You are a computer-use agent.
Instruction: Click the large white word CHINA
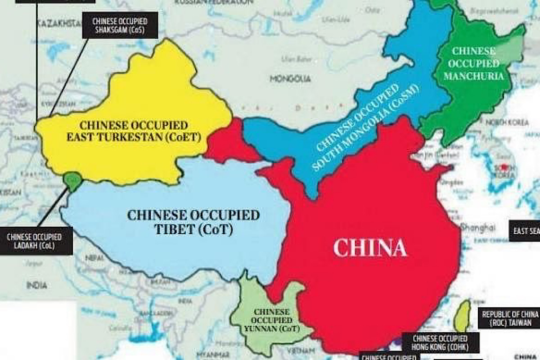click(x=369, y=248)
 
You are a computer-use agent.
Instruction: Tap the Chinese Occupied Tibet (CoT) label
click(x=193, y=222)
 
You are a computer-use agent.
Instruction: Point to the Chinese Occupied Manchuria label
click(x=473, y=63)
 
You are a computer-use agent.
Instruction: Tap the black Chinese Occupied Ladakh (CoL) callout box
click(x=34, y=241)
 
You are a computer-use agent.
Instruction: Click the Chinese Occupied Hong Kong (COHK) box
click(x=440, y=342)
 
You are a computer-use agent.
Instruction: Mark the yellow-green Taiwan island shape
click(x=462, y=315)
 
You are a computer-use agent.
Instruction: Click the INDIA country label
click(x=36, y=285)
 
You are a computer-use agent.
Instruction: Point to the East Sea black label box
click(x=525, y=231)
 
